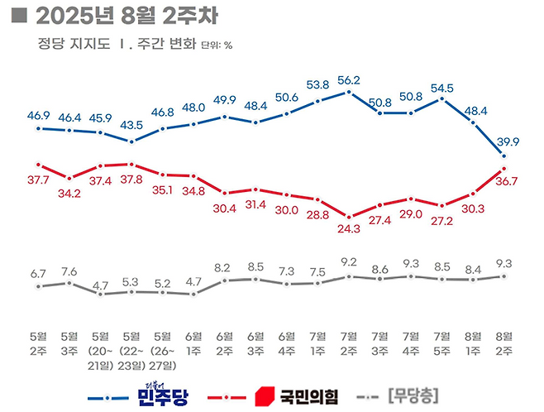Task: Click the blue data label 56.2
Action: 350,80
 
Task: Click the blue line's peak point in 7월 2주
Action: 350,92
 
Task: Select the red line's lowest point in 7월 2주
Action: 350,215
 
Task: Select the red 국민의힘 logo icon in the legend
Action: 265,395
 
